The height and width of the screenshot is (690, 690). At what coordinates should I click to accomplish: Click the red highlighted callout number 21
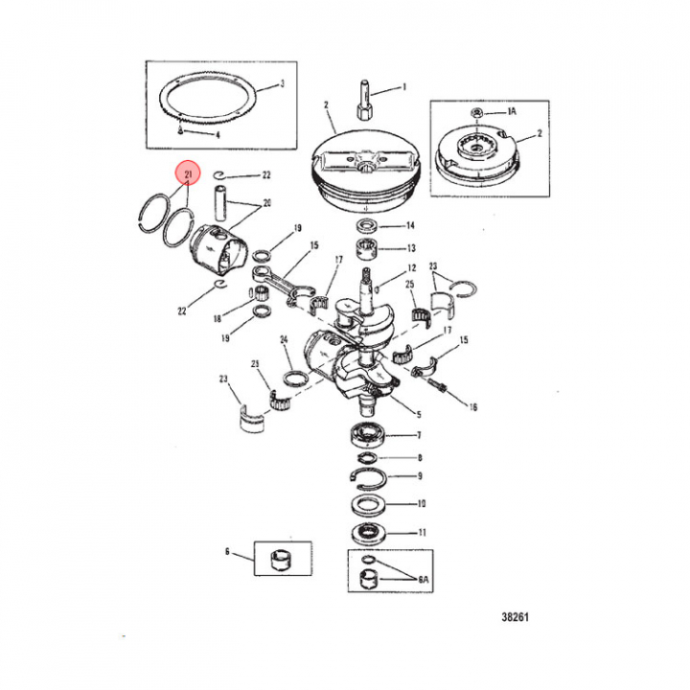pyautogui.click(x=189, y=174)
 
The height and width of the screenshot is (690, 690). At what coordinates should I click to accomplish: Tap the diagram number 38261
pyautogui.click(x=515, y=617)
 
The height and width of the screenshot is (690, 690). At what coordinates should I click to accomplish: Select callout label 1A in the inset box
pyautogui.click(x=512, y=112)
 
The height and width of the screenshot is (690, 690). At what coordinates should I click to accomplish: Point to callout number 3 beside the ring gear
pyautogui.click(x=283, y=83)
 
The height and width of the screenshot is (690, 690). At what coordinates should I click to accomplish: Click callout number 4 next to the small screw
pyautogui.click(x=218, y=135)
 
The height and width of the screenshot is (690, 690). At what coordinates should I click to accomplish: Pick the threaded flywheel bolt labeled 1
pyautogui.click(x=364, y=100)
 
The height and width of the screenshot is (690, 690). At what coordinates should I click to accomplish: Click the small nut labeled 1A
pyautogui.click(x=477, y=113)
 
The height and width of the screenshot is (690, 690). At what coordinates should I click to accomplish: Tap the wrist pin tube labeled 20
pyautogui.click(x=220, y=203)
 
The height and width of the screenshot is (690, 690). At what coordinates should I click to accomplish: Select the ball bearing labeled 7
pyautogui.click(x=367, y=434)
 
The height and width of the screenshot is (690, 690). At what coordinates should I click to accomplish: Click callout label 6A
pyautogui.click(x=423, y=579)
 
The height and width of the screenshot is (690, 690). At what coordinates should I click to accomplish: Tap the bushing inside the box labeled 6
pyautogui.click(x=281, y=560)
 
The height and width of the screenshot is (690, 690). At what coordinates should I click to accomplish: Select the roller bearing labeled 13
pyautogui.click(x=366, y=249)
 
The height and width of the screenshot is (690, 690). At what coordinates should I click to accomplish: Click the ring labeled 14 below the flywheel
pyautogui.click(x=366, y=226)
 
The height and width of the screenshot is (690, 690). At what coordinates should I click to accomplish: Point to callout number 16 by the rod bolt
pyautogui.click(x=472, y=407)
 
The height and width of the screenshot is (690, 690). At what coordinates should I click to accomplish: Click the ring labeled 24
pyautogui.click(x=296, y=378)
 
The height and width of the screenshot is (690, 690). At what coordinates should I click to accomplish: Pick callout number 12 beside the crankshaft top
pyautogui.click(x=411, y=267)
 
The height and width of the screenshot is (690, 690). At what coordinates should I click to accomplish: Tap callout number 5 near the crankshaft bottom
pyautogui.click(x=419, y=414)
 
